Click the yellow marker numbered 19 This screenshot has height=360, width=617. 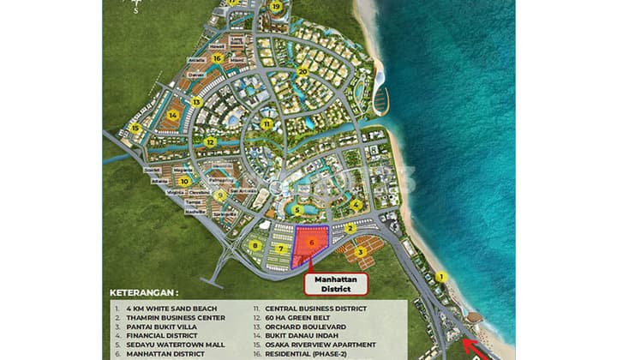tap(275, 6)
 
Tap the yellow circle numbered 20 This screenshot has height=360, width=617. tap(303, 72)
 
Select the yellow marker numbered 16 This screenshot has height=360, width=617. tap(218, 58)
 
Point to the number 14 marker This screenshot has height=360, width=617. tap(173, 114)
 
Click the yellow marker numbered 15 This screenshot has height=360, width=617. tap(135, 129)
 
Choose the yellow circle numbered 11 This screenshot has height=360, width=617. tap(267, 123)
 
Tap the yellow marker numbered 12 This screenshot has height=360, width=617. tap(209, 141)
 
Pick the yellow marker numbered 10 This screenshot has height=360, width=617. tap(183, 182)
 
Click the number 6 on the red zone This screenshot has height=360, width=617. tap(312, 243)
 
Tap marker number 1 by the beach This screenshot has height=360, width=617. tap(440, 277)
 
